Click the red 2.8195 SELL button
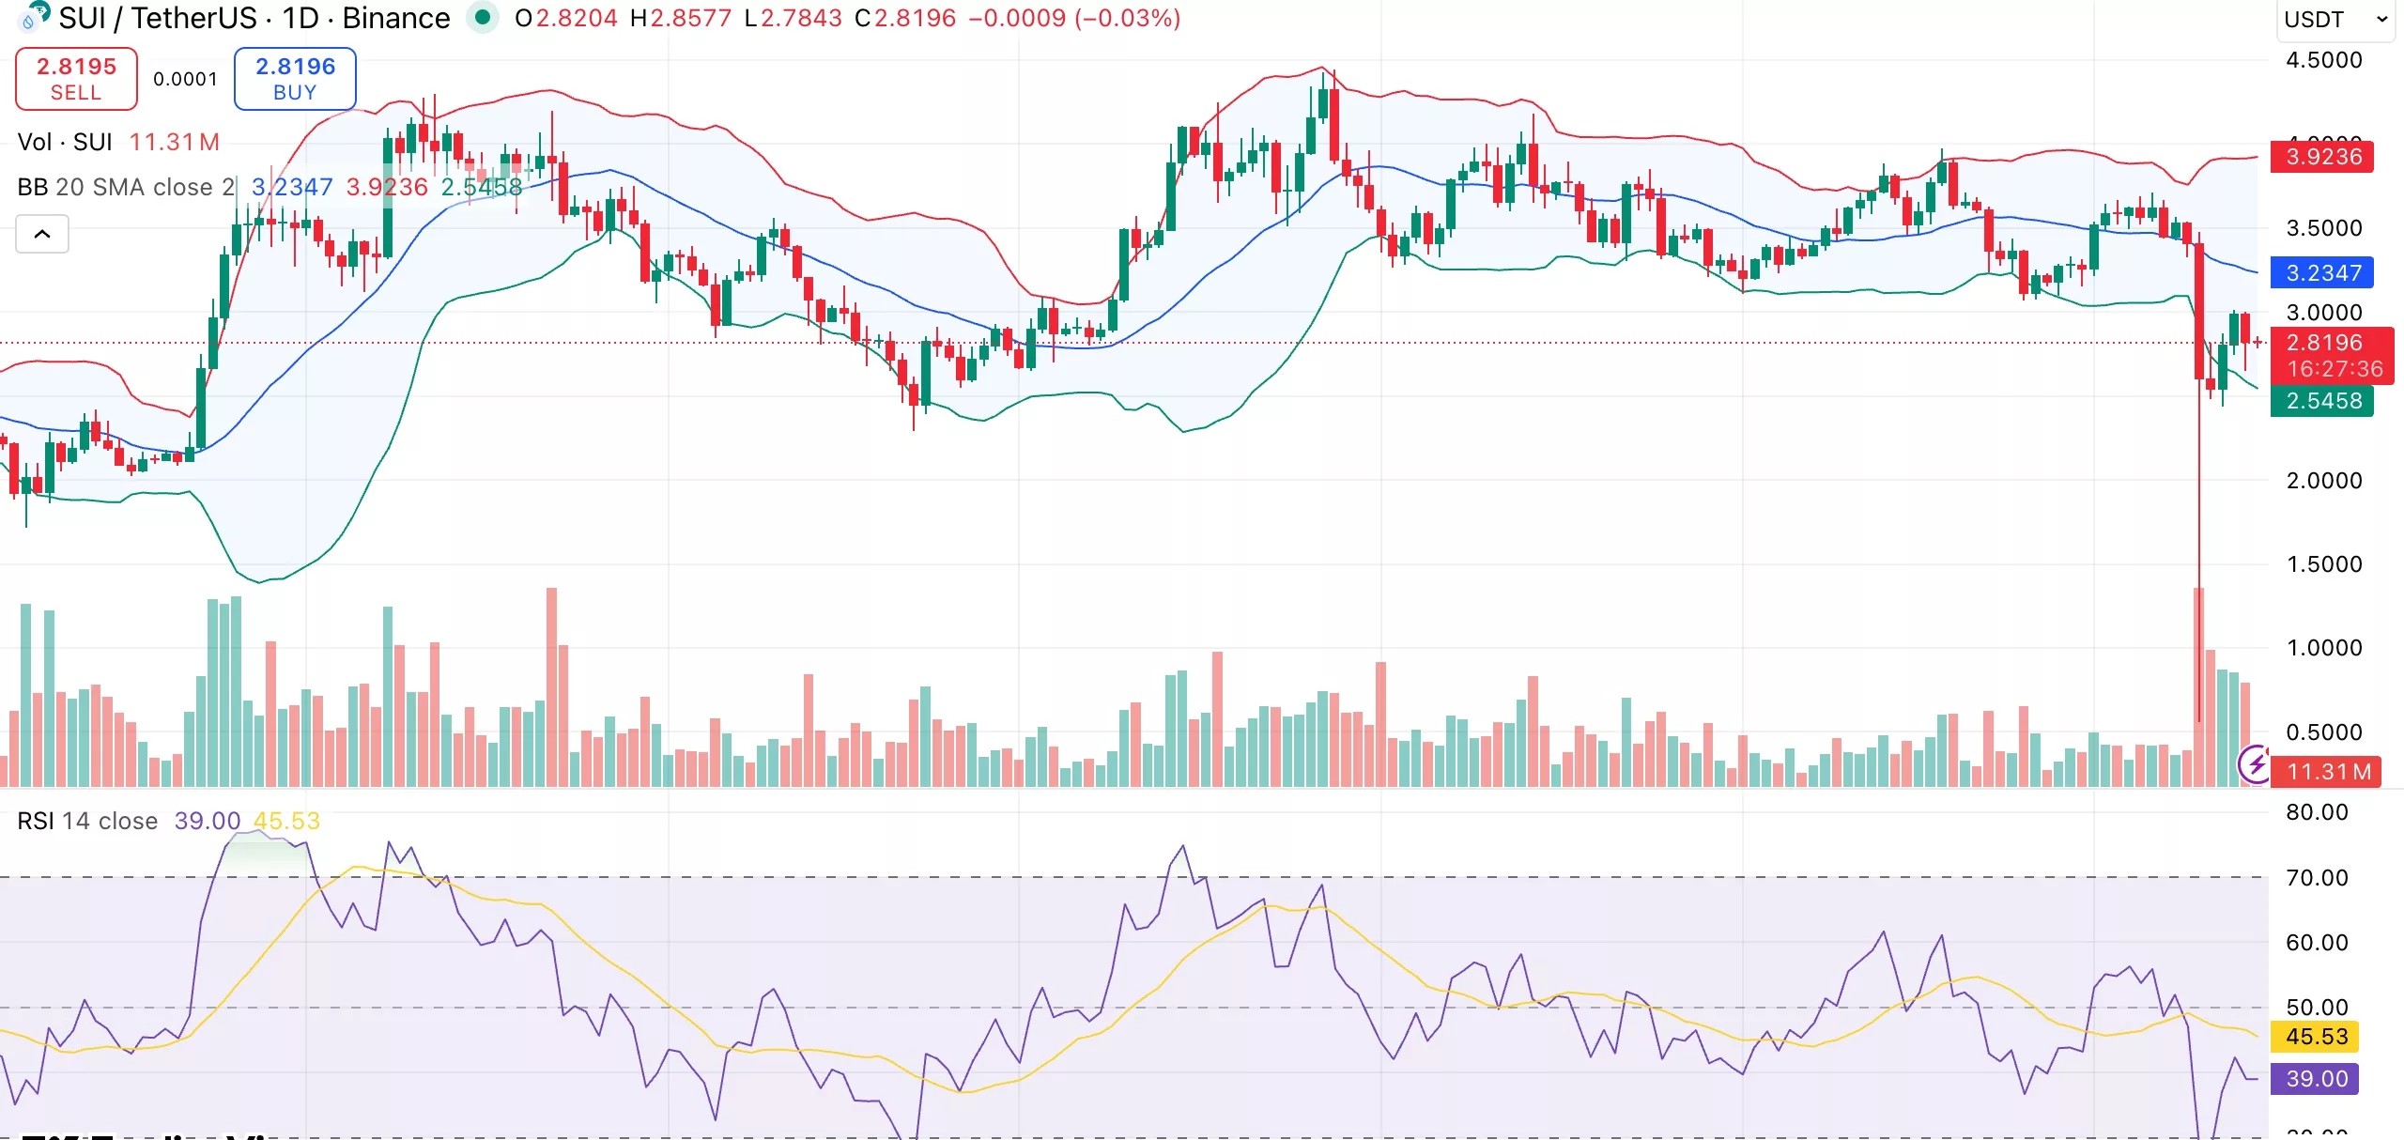click(x=76, y=79)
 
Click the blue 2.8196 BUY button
click(x=295, y=79)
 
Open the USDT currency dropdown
click(x=2335, y=20)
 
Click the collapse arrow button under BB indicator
click(x=42, y=234)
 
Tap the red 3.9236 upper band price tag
click(x=2321, y=157)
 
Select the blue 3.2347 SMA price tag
click(x=2321, y=273)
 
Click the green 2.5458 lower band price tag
click(x=2321, y=401)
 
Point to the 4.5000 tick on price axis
click(x=2323, y=60)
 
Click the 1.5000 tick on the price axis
click(x=2323, y=564)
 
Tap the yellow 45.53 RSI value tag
click(x=2316, y=1037)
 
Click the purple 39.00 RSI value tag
click(x=2316, y=1079)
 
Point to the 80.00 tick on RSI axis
click(x=2316, y=812)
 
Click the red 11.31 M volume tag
click(x=2327, y=772)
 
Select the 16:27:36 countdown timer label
click(x=2335, y=369)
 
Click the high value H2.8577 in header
click(x=680, y=18)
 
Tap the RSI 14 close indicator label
click(x=87, y=821)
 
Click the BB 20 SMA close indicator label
click(x=125, y=187)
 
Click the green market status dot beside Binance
click(x=483, y=17)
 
